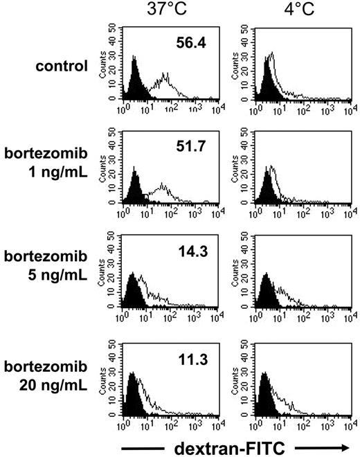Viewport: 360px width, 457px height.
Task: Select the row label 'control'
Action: click(64, 66)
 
